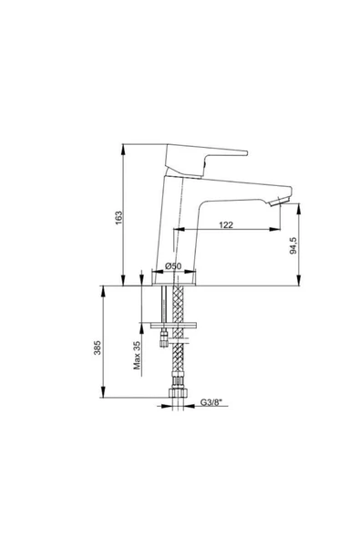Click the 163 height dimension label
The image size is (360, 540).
[118, 218]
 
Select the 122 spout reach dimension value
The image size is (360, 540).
[226, 225]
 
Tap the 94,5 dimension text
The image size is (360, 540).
[293, 245]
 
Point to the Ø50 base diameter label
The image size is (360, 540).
[173, 265]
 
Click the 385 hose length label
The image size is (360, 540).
[97, 348]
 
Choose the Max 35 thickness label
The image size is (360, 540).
[137, 356]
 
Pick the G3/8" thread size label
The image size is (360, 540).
[211, 402]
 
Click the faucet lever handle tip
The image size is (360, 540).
[246, 153]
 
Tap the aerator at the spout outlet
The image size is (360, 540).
[280, 202]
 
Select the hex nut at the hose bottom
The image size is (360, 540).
[177, 393]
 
